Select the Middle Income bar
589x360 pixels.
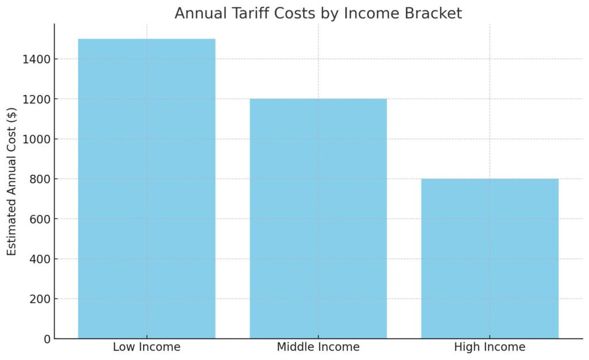pos(318,219)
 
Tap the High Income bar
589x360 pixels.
pos(489,259)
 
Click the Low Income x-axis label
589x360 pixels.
pos(147,347)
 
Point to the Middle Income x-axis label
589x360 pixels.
pos(318,347)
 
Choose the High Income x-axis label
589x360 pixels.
pos(489,347)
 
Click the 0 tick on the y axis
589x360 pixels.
pos(45,339)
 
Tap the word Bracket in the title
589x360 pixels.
pos(434,13)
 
